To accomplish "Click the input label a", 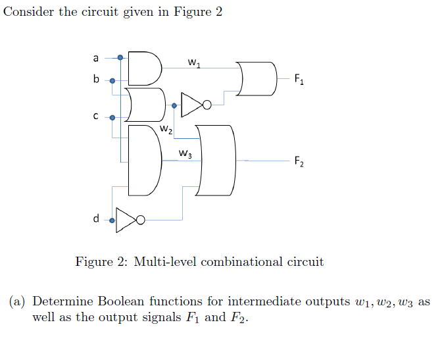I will point(96,57).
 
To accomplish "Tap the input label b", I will point(96,80).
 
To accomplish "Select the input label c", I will point(96,117).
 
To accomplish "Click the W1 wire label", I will point(194,63).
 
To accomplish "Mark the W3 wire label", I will point(185,155).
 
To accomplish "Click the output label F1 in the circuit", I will point(299,80).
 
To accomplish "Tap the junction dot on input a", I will point(120,58).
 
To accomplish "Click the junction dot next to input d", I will point(112,220).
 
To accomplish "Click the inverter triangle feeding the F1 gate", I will point(193,104).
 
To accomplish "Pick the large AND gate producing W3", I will point(143,160).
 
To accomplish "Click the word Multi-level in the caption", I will point(166,262).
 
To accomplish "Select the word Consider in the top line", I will point(28,14).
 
